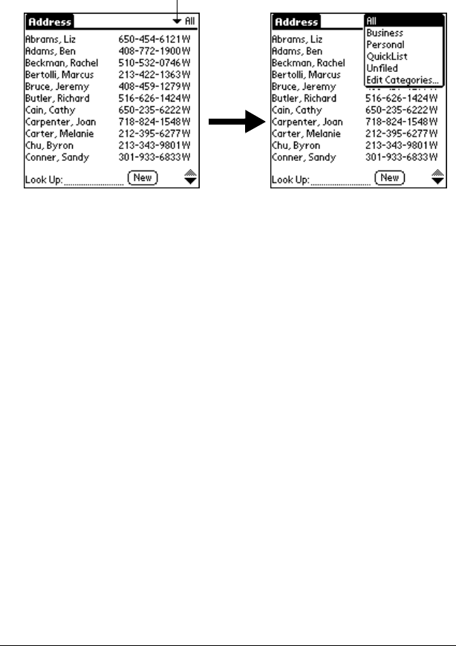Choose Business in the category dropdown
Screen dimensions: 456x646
pyautogui.click(x=385, y=33)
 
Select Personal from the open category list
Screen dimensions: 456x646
pyautogui.click(x=385, y=45)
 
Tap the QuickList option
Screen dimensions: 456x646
pyautogui.click(x=386, y=56)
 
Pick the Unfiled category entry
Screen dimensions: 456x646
pyautogui.click(x=382, y=68)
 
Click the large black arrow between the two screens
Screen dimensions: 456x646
pyautogui.click(x=237, y=123)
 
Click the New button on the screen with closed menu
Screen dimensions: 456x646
pyautogui.click(x=143, y=177)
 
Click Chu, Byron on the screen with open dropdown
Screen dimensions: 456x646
pyautogui.click(x=296, y=145)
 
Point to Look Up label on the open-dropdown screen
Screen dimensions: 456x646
pyautogui.click(x=290, y=179)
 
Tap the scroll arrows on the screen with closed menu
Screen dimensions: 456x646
pyautogui.click(x=189, y=177)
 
